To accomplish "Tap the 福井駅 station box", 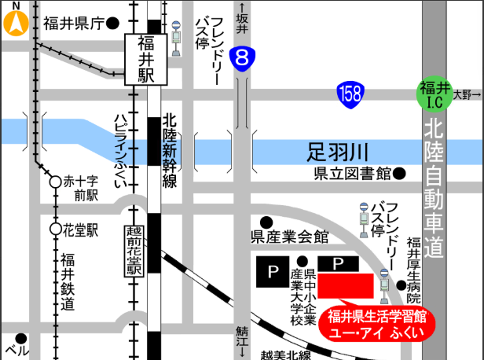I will (146, 59).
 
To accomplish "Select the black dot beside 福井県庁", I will (112, 24).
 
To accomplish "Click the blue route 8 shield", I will (244, 57).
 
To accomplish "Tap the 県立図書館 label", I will (353, 173).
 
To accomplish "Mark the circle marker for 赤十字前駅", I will (55, 182).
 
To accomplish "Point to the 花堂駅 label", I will (81, 230).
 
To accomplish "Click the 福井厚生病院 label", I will (414, 271).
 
